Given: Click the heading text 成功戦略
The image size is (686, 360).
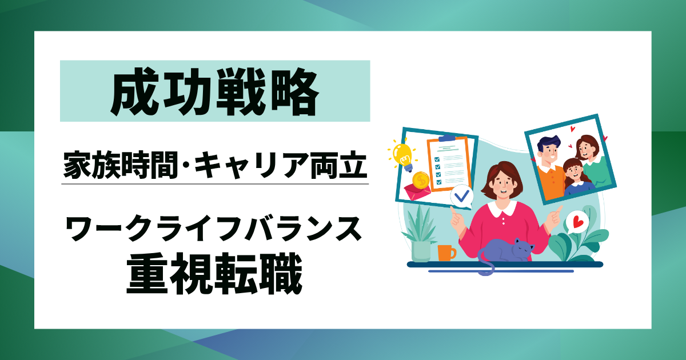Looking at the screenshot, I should pos(215,91).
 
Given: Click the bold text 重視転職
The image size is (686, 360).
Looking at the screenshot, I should pos(215,275).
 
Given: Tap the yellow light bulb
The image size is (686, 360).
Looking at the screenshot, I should pos(404,154).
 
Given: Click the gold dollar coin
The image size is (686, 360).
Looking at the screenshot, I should pos(420,181).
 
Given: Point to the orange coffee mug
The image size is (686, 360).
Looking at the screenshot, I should pos(445,252).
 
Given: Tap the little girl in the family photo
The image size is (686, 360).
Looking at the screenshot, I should pos(573,171).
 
